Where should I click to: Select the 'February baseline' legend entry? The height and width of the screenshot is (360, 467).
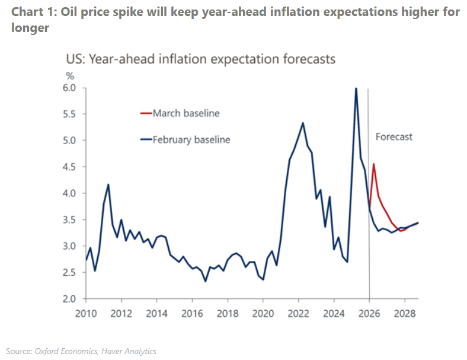(191, 140)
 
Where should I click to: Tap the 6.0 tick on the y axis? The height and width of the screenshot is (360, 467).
(69, 88)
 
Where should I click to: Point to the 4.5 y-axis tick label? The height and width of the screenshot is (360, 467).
(69, 167)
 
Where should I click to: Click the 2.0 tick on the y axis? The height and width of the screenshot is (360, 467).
(69, 299)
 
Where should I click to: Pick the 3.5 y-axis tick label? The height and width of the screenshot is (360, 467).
(69, 219)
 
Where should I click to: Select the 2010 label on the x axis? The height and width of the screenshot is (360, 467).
(85, 313)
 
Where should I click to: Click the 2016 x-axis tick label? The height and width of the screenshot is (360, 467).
(191, 313)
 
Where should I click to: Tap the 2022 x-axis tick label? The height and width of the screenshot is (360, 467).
(298, 313)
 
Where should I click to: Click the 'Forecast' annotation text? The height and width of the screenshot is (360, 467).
(394, 136)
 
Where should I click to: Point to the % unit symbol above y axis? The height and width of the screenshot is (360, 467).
(69, 76)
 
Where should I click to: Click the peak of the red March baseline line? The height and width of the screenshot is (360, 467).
(373, 164)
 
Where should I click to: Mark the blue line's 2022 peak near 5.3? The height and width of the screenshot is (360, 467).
(303, 123)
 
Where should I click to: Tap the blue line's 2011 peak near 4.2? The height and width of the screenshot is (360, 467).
(108, 184)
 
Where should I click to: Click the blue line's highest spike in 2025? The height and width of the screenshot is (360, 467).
(356, 89)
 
